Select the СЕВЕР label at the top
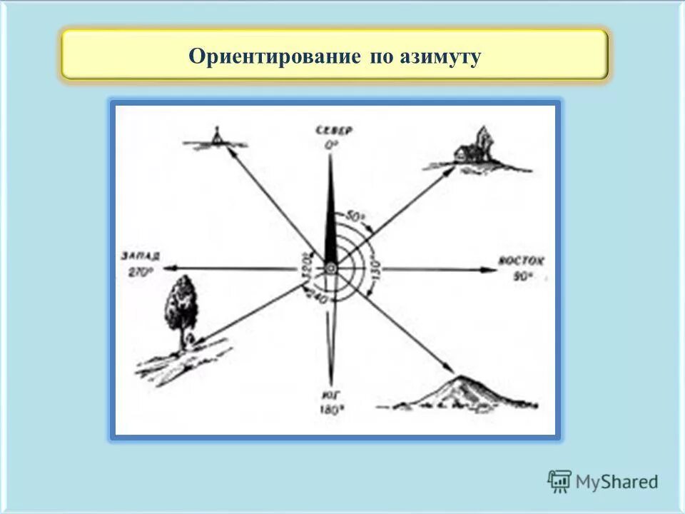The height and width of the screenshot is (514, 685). (x=331, y=130)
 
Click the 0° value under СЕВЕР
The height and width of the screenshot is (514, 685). (x=331, y=143)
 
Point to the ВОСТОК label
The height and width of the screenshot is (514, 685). (x=521, y=261)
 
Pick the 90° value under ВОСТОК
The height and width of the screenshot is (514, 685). (x=521, y=276)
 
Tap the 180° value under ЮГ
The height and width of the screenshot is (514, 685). (x=331, y=410)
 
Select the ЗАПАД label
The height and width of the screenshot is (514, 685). (x=141, y=256)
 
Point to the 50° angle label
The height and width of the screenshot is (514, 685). (x=355, y=216)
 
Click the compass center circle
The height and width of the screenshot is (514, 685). (x=330, y=268)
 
